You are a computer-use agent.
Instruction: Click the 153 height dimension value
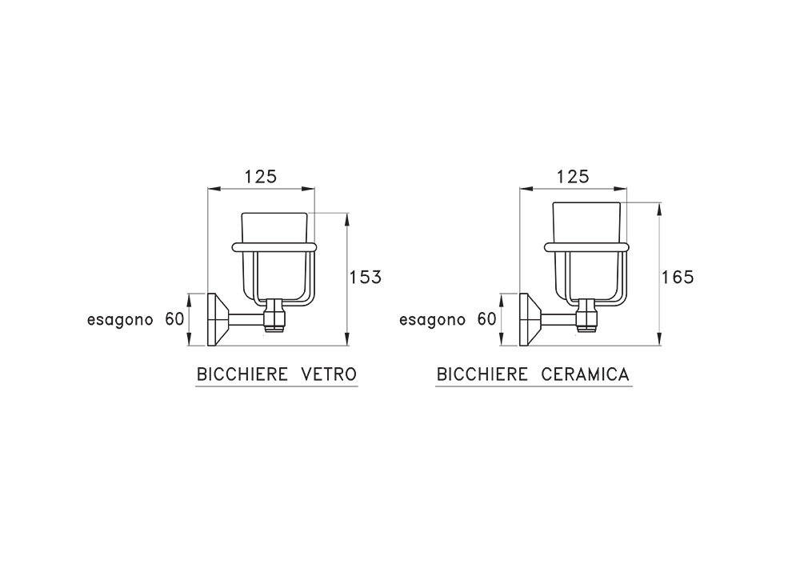point(366,277)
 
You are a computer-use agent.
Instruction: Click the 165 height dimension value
point(678,277)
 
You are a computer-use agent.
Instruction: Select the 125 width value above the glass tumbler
point(260,177)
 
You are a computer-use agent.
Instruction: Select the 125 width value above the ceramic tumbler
point(573,177)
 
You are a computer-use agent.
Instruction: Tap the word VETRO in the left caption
point(329,374)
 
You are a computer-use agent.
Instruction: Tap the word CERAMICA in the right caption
point(585,374)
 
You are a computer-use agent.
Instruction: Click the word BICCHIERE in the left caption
point(242,374)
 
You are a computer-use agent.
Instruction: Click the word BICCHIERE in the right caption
point(482,374)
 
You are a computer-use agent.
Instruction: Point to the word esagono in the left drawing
point(120,321)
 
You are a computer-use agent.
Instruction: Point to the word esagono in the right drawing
point(432,321)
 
